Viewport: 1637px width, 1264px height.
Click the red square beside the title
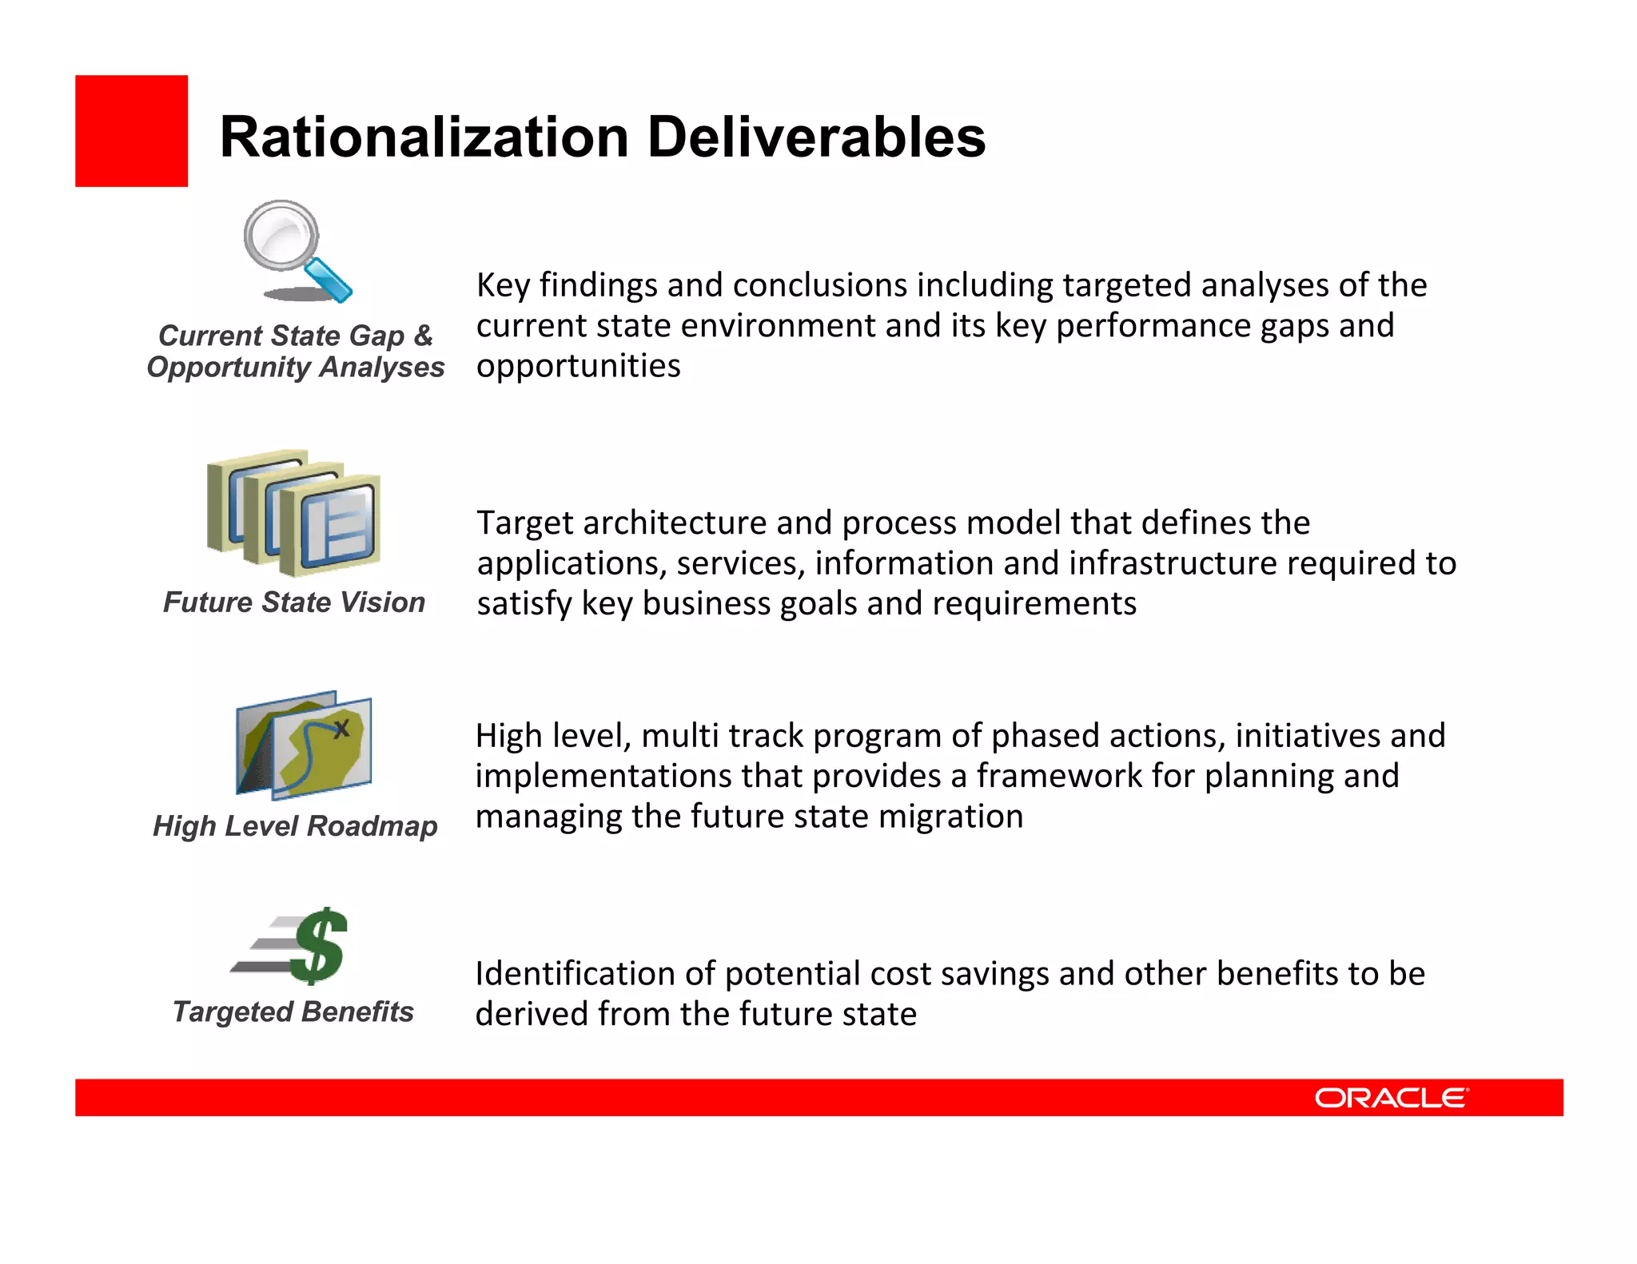coord(131,131)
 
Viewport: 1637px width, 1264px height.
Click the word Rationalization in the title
coord(424,137)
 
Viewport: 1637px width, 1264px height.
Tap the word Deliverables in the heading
coord(816,137)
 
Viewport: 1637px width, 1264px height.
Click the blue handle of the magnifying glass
coord(329,280)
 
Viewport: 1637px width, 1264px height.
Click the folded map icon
coord(304,745)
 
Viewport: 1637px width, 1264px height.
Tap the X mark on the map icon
coord(341,729)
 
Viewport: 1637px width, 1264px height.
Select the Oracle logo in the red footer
coord(1391,1098)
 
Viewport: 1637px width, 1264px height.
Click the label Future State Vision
coord(294,602)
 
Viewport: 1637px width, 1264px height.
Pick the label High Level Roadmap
coord(295,826)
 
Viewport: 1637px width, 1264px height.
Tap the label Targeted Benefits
coord(293,1012)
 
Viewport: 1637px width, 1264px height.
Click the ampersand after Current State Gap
coord(423,336)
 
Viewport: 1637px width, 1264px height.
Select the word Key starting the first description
coord(503,285)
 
